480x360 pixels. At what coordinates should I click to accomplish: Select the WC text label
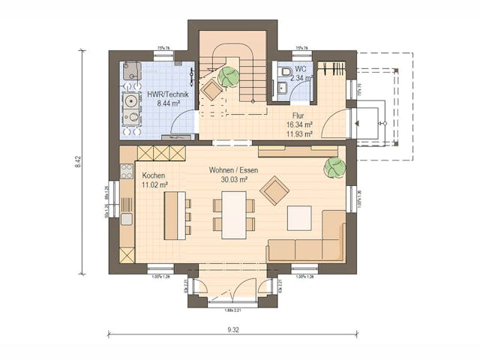[x=300, y=70]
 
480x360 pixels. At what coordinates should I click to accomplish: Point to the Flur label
[x=293, y=116]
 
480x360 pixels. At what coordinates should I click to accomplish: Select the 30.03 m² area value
[x=233, y=180]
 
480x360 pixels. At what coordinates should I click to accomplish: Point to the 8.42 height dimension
[x=78, y=163]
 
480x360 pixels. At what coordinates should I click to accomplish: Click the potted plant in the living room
[x=333, y=167]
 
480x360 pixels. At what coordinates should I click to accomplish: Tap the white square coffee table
[x=299, y=218]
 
